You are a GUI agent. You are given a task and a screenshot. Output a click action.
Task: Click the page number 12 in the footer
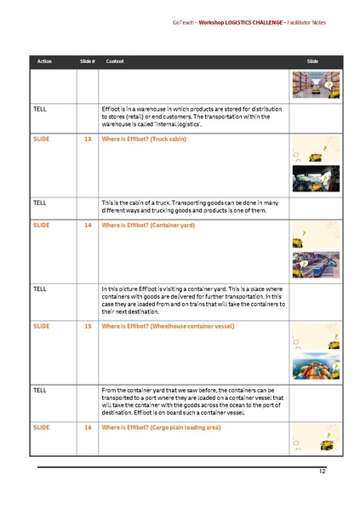323,471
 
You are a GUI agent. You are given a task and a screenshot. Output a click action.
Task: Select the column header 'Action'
44,61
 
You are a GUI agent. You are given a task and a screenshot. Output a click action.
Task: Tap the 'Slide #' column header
87,61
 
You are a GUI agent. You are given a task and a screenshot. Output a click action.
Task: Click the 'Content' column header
115,61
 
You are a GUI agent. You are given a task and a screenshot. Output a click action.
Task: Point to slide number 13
88,138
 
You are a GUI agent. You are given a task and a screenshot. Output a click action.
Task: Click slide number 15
88,326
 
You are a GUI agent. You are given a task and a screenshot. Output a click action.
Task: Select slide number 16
88,427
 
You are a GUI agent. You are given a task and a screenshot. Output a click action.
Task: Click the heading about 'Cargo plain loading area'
161,427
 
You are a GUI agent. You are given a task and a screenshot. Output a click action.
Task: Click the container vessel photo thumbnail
316,368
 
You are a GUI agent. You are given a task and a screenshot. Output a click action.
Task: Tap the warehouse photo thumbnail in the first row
316,85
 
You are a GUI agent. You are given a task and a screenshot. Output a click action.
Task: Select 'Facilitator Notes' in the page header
306,22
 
